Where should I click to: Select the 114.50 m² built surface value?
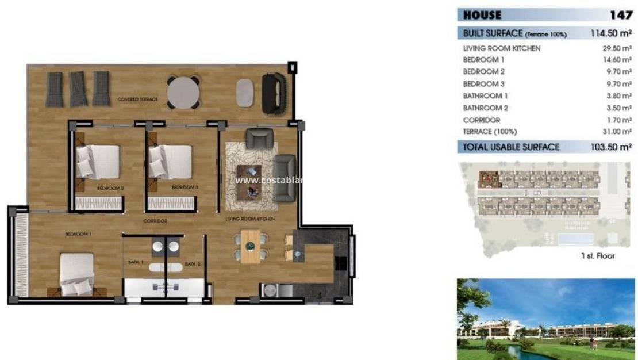612,33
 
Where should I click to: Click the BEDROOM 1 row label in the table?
484,60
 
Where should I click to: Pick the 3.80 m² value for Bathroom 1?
619,96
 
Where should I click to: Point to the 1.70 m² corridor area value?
619,120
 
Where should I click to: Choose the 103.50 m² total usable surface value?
611,147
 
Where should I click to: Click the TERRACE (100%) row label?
489,132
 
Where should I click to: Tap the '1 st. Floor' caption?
598,256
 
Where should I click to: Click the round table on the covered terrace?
183,90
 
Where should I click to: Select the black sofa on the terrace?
274,94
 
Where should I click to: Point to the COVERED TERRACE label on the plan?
137,99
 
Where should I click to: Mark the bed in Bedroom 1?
78,275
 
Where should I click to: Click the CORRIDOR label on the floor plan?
155,221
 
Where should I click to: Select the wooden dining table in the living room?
251,246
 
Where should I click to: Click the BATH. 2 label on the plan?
192,263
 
